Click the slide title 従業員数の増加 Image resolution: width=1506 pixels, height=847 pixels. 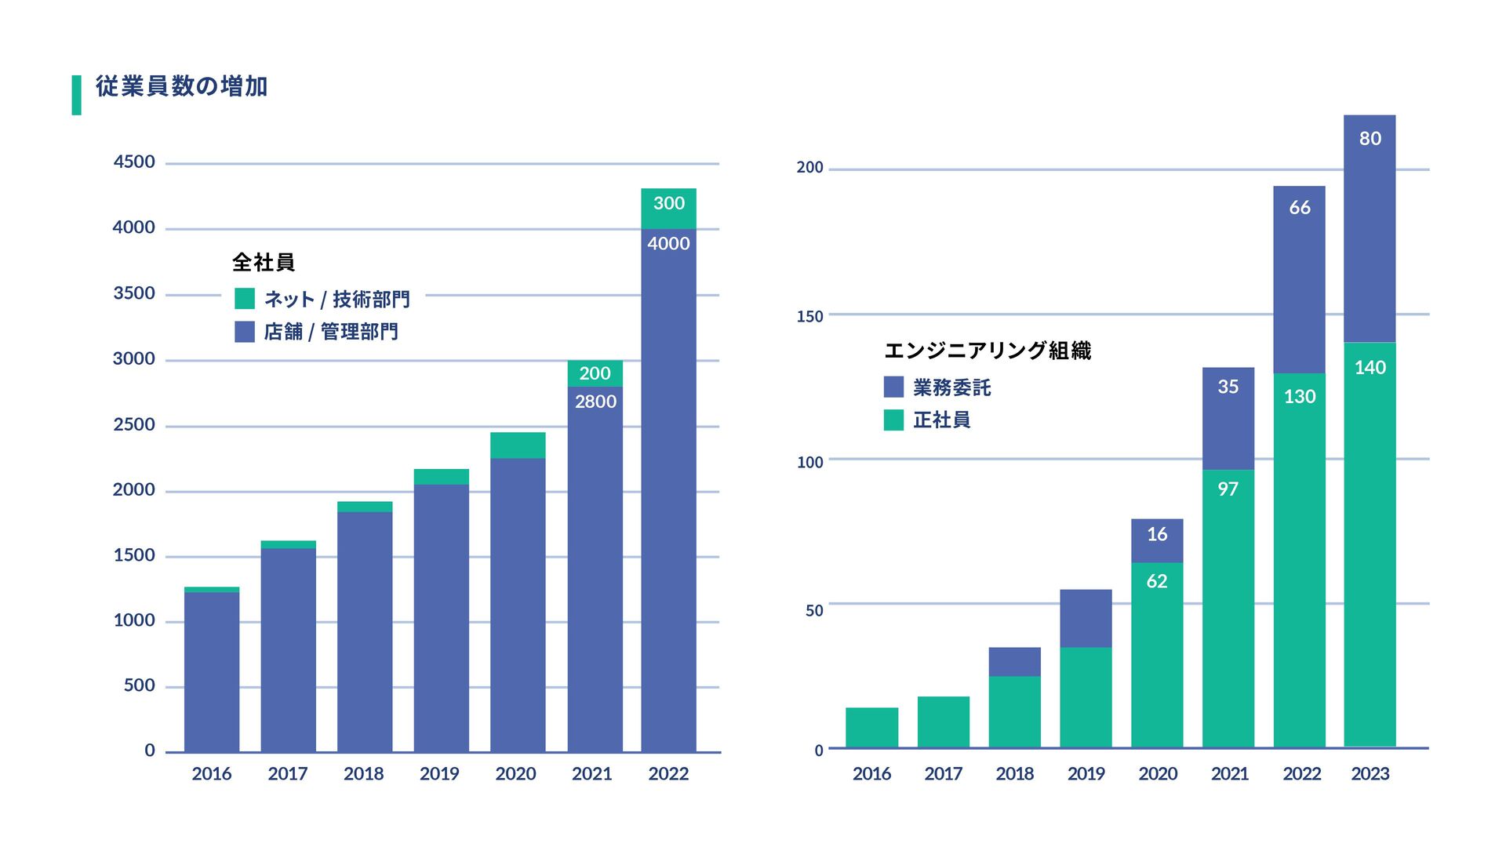pos(181,86)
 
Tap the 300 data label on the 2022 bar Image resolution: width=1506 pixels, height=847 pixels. pos(669,203)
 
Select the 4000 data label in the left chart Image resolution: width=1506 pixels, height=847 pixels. pos(668,244)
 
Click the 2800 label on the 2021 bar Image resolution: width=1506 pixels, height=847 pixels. pos(595,402)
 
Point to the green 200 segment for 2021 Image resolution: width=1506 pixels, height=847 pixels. pos(595,373)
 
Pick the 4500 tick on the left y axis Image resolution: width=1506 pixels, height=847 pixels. pos(134,162)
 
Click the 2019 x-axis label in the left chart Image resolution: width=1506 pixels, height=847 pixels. pos(439,774)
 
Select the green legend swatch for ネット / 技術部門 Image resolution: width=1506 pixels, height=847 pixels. pos(245,299)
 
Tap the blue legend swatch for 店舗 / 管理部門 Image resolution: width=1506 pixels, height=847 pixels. pos(245,332)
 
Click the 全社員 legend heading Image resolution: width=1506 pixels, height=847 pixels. pos(264,263)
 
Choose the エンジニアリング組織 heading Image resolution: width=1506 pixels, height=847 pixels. pos(988,351)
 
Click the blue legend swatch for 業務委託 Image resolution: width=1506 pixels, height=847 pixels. pos(893,387)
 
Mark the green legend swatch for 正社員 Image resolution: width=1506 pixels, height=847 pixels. pos(893,420)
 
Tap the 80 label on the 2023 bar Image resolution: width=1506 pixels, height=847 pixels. pos(1370,139)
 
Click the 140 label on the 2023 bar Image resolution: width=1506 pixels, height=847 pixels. pos(1370,368)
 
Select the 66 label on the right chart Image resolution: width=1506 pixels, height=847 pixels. pos(1299,208)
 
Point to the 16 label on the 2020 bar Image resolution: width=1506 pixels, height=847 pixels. pos(1157,535)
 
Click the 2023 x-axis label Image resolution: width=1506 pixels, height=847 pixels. pos(1370,774)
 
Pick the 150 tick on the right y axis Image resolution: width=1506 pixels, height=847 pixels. pos(810,317)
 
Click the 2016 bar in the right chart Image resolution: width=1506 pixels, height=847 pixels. pos(871,728)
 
